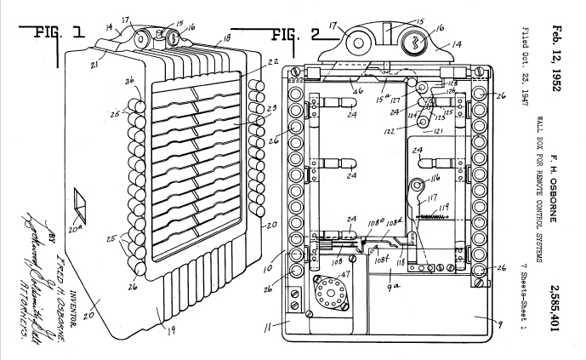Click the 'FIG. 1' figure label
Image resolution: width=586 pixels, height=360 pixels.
(56, 33)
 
